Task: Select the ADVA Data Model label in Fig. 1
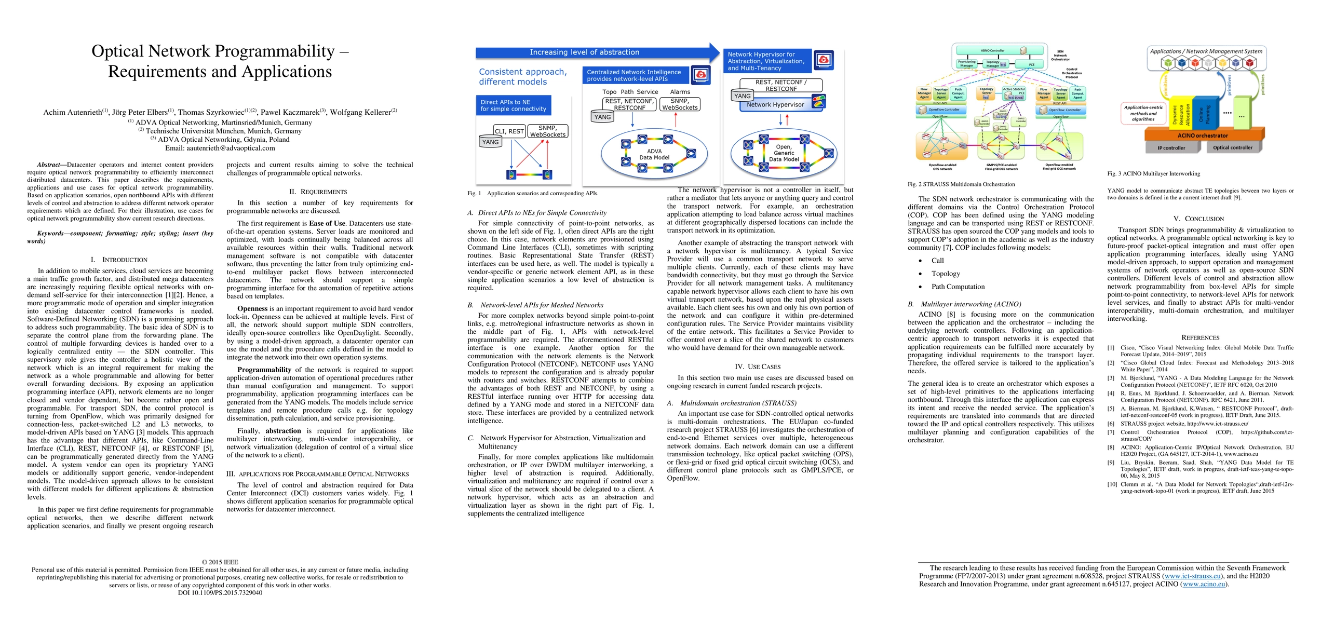pos(654,155)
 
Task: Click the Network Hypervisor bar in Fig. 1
pos(775,105)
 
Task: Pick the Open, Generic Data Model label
pos(784,153)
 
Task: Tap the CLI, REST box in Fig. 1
pos(509,131)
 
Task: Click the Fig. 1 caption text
pos(533,194)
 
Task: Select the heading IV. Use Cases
pos(760,367)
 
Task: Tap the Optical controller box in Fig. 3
pos(1232,148)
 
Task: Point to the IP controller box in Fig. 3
pos(1171,148)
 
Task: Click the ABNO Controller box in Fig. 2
pos(993,51)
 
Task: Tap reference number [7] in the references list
pos(1111,432)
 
